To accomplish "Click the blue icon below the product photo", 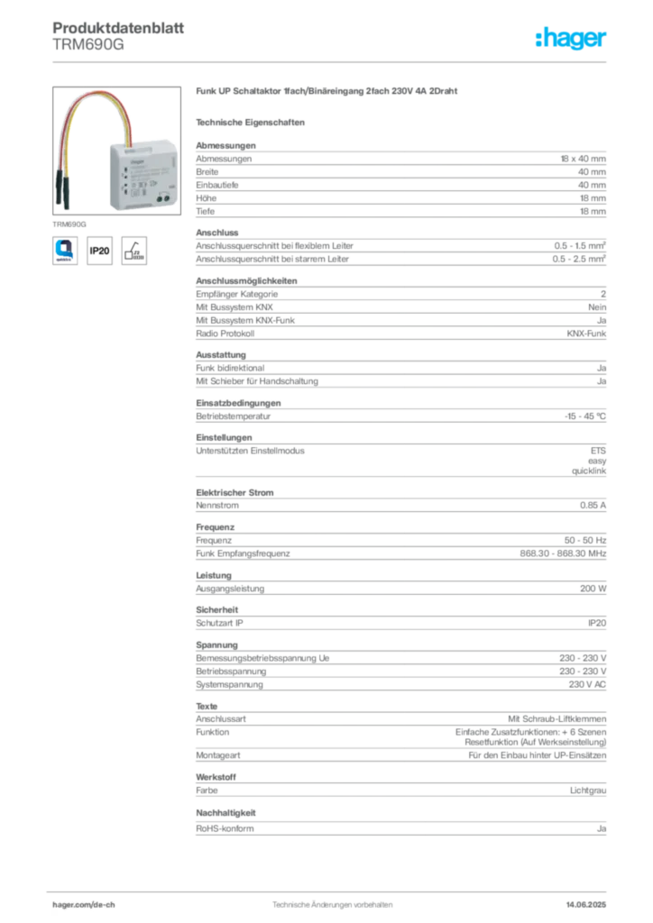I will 65,249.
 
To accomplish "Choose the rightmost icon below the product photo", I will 135,250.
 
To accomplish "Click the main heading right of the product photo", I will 328,93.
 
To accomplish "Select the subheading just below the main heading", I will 253,121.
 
